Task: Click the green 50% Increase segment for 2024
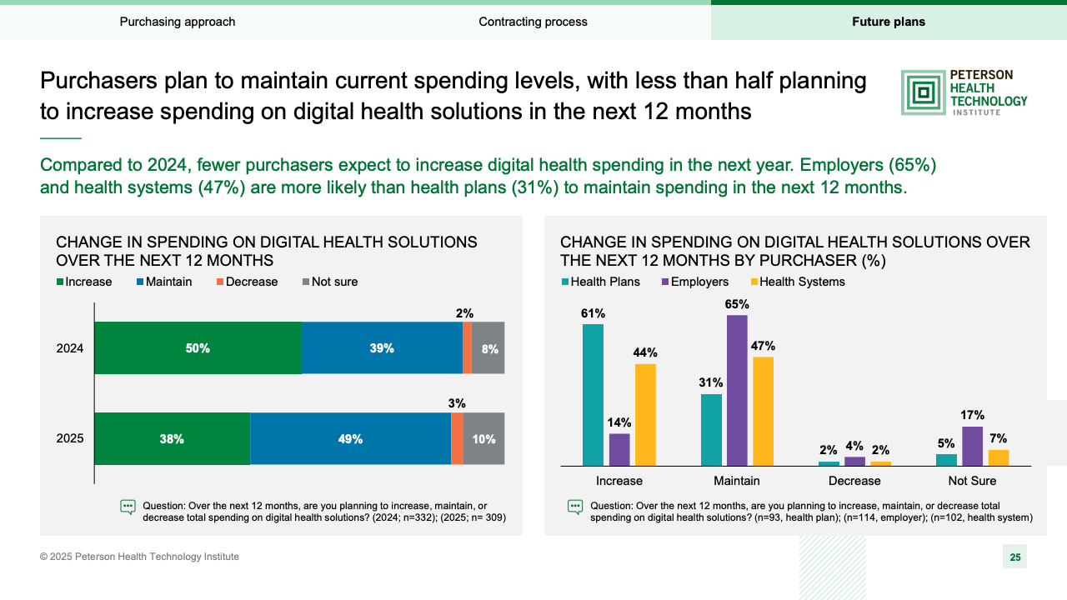click(x=198, y=347)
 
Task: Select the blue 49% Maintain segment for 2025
click(x=350, y=438)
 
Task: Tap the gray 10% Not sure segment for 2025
click(x=484, y=438)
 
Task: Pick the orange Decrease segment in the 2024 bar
click(x=467, y=347)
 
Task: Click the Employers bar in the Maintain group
click(x=737, y=389)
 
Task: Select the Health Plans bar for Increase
click(x=593, y=394)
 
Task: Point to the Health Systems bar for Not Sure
click(x=998, y=457)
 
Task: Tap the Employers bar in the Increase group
click(x=619, y=449)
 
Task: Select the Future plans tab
click(x=888, y=22)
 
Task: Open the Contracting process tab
click(x=533, y=22)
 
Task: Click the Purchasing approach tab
click(x=178, y=22)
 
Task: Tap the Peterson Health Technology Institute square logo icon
click(x=923, y=92)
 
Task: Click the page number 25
click(x=1014, y=557)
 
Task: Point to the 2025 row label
click(x=70, y=438)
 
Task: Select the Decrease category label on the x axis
click(x=854, y=481)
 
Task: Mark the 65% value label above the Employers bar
click(x=737, y=304)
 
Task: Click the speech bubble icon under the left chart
click(x=128, y=507)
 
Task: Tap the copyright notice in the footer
click(x=139, y=557)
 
